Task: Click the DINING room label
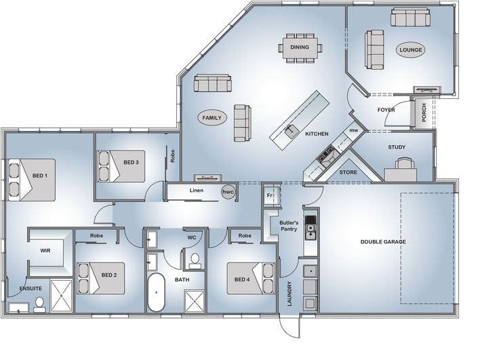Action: [x=300, y=47]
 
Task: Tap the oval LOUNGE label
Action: [x=412, y=49]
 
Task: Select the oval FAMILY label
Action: [x=212, y=118]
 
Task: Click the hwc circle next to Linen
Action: [x=228, y=192]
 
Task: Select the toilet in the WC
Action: [x=194, y=260]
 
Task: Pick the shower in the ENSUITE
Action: [x=62, y=296]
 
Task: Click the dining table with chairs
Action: [x=300, y=47]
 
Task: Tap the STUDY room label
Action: [x=397, y=147]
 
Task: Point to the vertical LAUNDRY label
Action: [x=290, y=294]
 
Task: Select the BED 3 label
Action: [x=132, y=162]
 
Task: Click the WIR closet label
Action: [x=45, y=250]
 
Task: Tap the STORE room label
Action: [x=348, y=172]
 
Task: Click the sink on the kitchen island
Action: [x=290, y=131]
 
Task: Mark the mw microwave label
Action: [x=353, y=130]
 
